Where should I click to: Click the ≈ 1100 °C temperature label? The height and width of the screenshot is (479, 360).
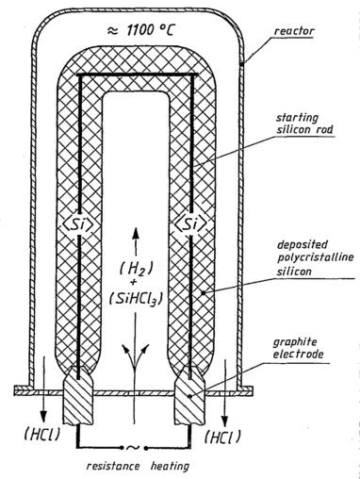[x=140, y=30]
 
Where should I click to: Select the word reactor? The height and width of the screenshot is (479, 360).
[x=294, y=31]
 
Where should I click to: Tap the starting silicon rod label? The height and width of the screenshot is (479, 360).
[x=304, y=124]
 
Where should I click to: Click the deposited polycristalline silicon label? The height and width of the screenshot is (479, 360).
[x=315, y=257]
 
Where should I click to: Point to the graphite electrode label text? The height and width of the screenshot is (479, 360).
[x=298, y=348]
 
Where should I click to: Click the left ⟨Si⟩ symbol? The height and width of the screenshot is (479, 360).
[x=78, y=224]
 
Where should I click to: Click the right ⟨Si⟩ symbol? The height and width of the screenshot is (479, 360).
[x=191, y=224]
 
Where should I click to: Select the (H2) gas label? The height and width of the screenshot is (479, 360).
[x=136, y=270]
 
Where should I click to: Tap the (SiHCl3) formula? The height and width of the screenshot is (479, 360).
[x=136, y=299]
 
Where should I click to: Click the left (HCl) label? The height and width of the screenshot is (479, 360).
[x=42, y=435]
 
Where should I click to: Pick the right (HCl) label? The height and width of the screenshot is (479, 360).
[x=222, y=437]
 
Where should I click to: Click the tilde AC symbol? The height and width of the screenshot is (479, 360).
[x=133, y=447]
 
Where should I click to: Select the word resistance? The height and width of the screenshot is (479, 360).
[x=113, y=465]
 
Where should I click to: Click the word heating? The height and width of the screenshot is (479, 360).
[x=170, y=466]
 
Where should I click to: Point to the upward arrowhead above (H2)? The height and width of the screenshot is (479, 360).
[x=136, y=233]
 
